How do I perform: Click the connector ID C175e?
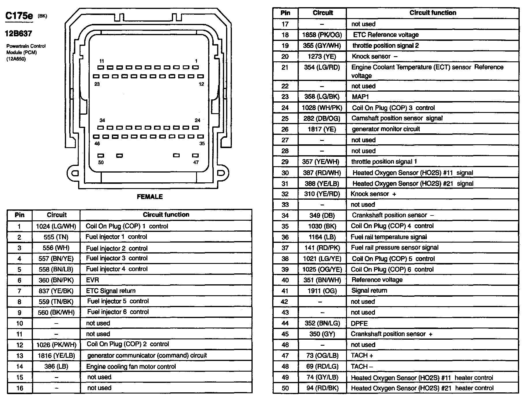coord(19,16)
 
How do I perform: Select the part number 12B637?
coord(18,34)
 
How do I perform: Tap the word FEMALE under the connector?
coord(150,197)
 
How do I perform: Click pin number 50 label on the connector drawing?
coord(101,162)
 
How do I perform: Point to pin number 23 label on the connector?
coord(97,84)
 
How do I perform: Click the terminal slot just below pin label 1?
coord(196,67)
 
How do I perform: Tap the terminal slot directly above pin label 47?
coord(196,156)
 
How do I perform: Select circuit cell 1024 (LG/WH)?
coord(56,226)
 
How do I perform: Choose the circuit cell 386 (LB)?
coord(56,366)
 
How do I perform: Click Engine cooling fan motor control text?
coord(131,366)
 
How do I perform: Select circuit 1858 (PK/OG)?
coord(322,35)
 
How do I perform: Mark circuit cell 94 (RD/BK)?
coord(322,388)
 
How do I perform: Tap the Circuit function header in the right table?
coord(433,13)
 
